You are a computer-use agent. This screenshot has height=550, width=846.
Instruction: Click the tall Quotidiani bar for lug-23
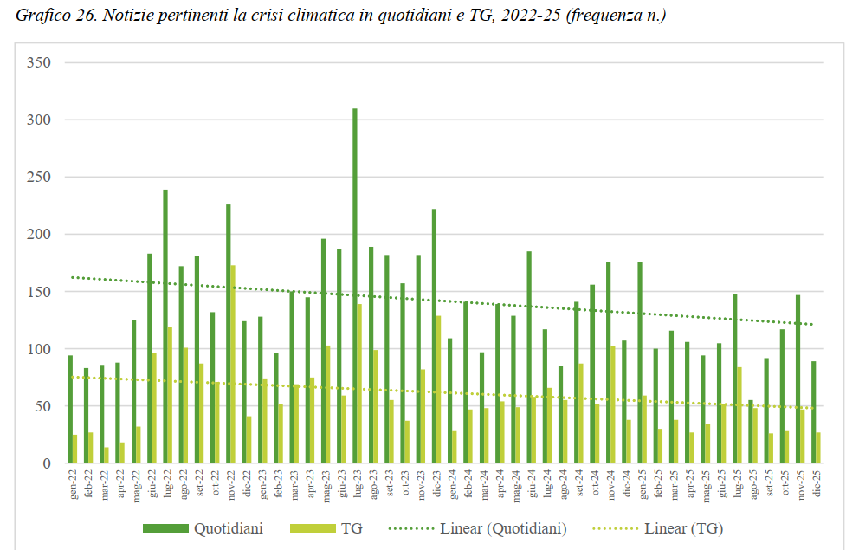point(355,286)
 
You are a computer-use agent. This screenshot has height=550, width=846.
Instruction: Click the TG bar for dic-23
point(439,390)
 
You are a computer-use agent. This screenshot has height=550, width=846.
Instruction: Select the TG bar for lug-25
point(739,415)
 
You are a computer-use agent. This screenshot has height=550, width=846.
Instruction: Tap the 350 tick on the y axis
point(39,62)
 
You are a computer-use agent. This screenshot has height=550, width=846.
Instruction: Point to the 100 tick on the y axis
point(39,349)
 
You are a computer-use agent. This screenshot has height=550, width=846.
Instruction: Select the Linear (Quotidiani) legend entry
point(502,527)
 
